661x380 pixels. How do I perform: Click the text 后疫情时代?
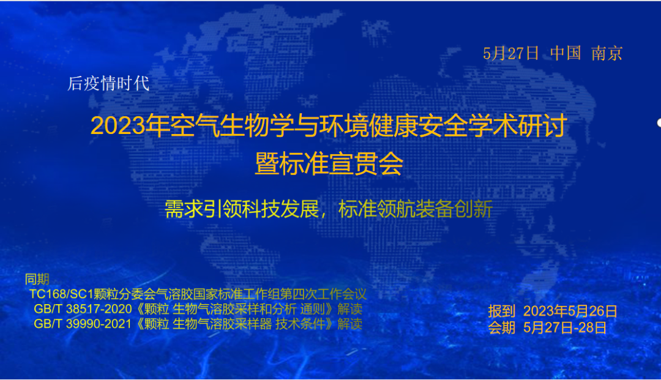pos(108,83)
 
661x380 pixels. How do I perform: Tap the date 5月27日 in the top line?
pos(511,53)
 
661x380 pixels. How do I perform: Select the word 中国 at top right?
pos(566,53)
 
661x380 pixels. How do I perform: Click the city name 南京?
pos(607,53)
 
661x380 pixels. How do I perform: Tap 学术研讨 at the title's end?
pos(517,125)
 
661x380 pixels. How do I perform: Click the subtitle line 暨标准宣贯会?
pos(329,163)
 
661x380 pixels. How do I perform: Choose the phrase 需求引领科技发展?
pos(242,209)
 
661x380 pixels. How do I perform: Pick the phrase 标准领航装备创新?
pos(416,209)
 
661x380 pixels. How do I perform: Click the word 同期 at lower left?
pos(37,279)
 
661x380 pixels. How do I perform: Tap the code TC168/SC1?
pos(62,294)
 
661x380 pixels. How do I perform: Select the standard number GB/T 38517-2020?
pos(83,309)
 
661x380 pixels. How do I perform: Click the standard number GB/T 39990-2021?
pos(83,324)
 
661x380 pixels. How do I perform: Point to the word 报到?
pos(502,311)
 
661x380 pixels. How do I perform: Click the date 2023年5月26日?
pos(570,311)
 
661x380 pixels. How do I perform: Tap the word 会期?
pos(502,327)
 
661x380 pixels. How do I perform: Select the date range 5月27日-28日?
pos(565,327)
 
